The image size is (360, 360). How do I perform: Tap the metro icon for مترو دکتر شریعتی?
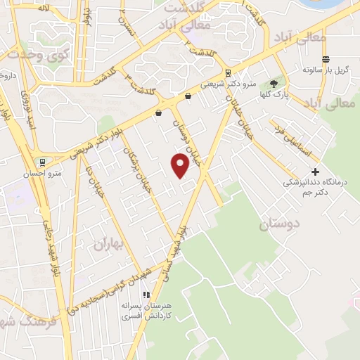[x=228, y=72]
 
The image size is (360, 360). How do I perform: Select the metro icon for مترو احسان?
[x=44, y=161]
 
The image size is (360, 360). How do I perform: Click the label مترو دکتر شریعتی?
[x=227, y=84]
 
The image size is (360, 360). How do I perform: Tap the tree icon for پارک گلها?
[x=274, y=83]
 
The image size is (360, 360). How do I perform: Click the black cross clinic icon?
[x=316, y=171]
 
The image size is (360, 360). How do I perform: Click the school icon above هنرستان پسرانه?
[x=146, y=295]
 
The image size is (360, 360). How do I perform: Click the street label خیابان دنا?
[x=95, y=181]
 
